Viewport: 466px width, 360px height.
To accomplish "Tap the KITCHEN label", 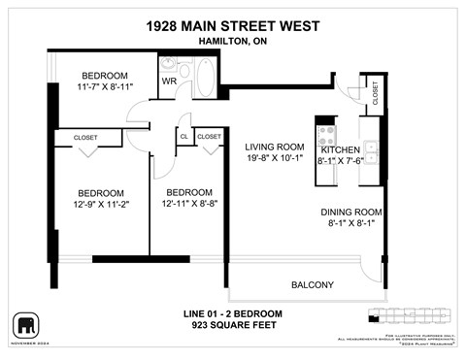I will tap(340, 150).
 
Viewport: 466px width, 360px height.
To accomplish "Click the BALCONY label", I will tap(313, 284).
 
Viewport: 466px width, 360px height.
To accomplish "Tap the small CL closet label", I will tap(183, 137).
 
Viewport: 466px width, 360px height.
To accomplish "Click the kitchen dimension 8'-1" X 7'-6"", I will tap(340, 162).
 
